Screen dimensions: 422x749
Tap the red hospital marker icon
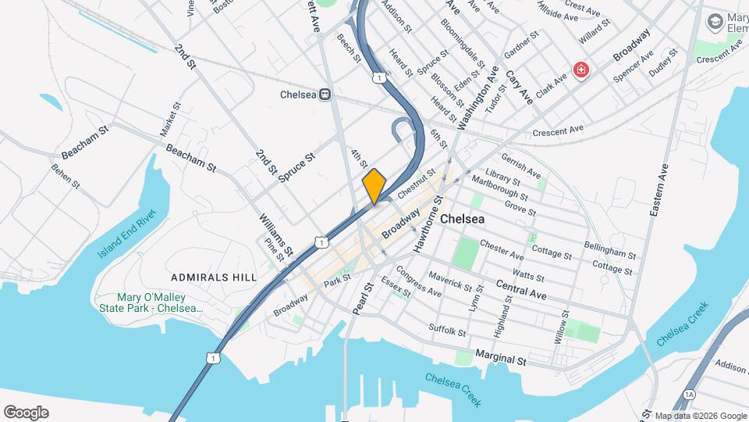[x=581, y=71]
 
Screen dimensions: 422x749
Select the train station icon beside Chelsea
[x=324, y=95]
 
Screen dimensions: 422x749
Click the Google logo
[x=26, y=413]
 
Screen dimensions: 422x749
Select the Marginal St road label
[x=500, y=359]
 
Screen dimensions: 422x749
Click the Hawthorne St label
[x=428, y=224]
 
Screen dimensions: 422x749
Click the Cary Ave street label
[x=519, y=87]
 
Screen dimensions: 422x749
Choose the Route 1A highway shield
[x=688, y=395]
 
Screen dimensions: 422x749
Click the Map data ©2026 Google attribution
[x=700, y=416]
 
